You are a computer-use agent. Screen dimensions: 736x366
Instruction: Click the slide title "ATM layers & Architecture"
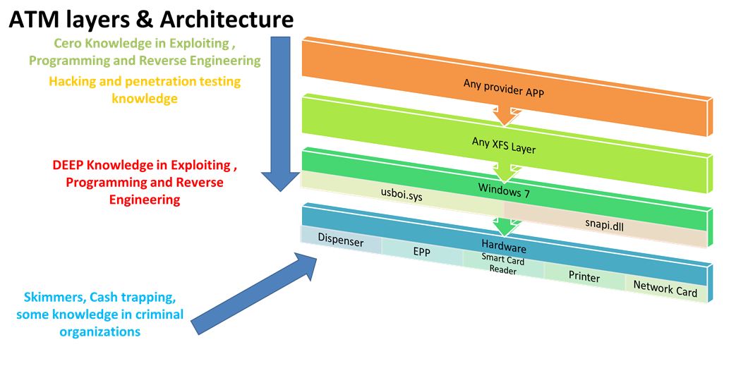151,20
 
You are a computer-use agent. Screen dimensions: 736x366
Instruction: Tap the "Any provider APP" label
504,87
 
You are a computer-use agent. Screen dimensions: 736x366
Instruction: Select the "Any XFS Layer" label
504,144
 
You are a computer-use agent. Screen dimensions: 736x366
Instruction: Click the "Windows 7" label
504,190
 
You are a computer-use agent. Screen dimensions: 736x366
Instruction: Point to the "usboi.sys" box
401,195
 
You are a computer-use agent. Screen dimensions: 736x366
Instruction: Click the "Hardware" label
504,245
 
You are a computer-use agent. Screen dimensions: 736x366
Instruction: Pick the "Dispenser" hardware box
341,240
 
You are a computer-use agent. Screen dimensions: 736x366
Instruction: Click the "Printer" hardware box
584,276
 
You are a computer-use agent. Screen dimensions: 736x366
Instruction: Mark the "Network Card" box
665,288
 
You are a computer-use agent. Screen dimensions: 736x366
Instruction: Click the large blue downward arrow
281,114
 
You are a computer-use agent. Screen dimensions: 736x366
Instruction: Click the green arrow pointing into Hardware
505,224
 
